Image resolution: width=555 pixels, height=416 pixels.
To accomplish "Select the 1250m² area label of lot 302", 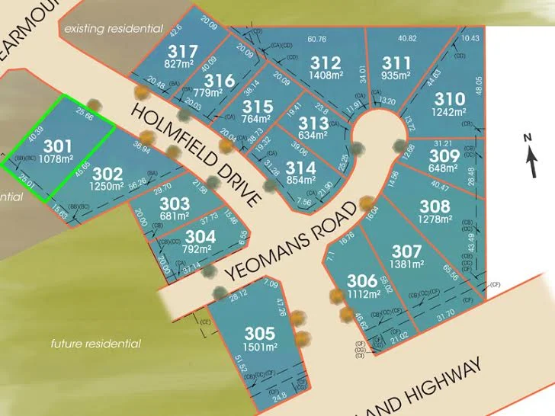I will tap(106, 185).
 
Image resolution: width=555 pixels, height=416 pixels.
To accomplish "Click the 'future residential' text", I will tap(95, 344).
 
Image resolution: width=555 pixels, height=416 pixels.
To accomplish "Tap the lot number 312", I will tap(326, 62).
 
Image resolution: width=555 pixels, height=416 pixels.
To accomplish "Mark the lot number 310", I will tap(449, 98).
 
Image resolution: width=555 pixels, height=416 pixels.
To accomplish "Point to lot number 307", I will tap(406, 251).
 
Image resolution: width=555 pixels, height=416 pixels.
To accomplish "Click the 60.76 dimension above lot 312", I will tap(316, 39).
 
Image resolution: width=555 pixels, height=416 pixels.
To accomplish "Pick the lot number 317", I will tap(181, 51).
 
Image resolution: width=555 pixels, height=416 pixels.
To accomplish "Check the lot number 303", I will tap(175, 204).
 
